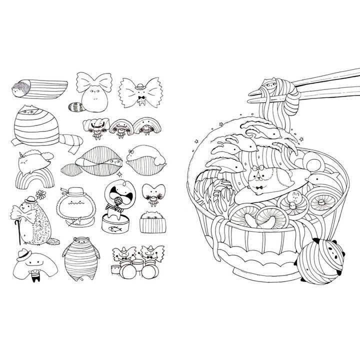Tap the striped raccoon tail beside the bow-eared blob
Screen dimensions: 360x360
click(76, 105)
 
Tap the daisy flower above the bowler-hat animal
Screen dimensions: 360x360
click(40, 194)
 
